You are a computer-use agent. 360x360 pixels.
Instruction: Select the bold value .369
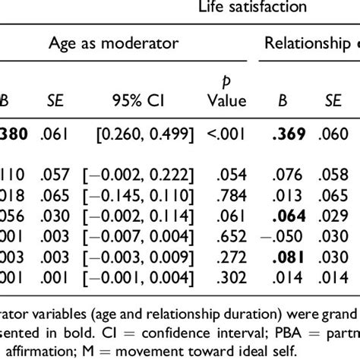pos(289,134)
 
